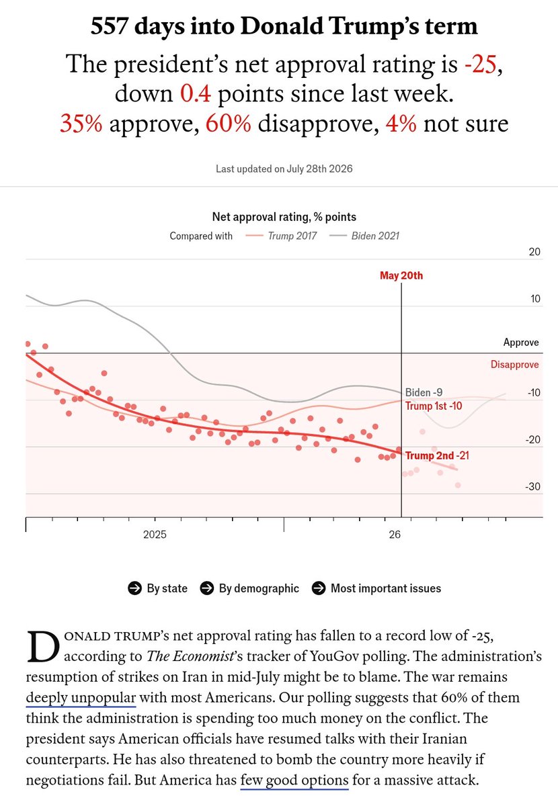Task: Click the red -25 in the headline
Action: point(480,64)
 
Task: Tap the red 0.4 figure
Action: point(195,93)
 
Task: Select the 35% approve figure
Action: point(81,123)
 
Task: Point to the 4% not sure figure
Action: point(401,123)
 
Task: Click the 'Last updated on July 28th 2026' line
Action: point(284,169)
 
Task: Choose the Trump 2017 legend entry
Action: point(281,236)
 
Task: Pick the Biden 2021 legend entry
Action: point(364,236)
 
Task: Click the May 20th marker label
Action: point(401,275)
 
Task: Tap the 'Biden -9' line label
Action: point(424,392)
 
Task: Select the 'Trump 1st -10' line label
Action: point(434,406)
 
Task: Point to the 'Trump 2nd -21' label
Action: point(437,455)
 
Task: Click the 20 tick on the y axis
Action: point(534,252)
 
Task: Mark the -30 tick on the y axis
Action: point(532,486)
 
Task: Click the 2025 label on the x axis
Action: point(155,535)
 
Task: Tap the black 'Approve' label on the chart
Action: point(521,342)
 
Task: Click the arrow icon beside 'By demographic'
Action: point(207,588)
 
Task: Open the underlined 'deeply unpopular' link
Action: point(81,697)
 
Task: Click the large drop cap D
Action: point(43,647)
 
